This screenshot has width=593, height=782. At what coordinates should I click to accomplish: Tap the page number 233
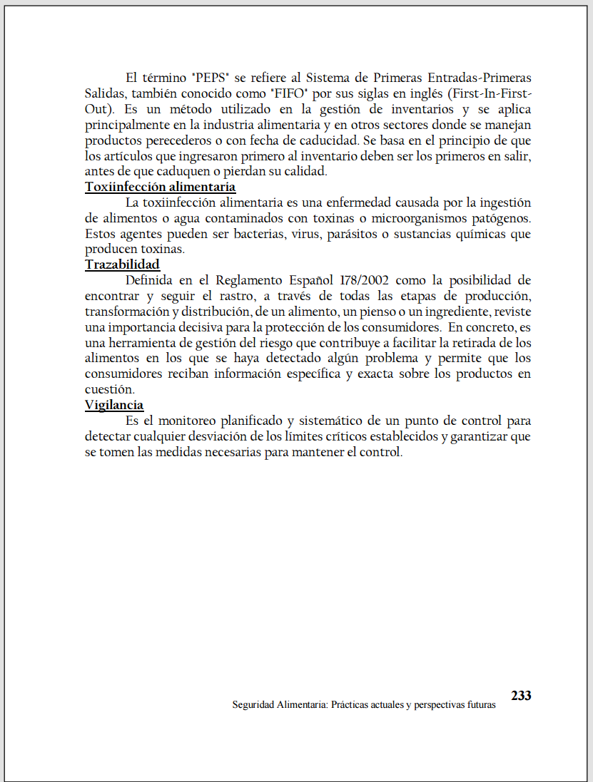coord(521,695)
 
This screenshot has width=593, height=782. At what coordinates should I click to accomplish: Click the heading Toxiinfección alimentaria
coord(160,187)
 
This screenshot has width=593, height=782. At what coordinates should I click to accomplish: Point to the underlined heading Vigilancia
coord(114,405)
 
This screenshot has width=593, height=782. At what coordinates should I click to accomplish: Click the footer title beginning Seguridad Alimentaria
coord(363,704)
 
